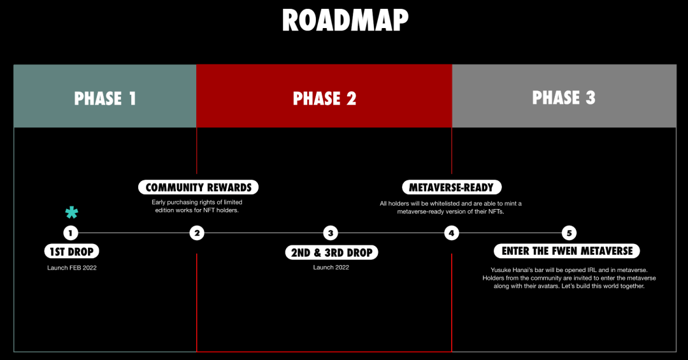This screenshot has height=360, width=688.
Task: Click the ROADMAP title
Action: click(345, 20)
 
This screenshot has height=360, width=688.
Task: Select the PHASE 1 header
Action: click(105, 98)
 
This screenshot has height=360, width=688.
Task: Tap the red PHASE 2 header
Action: click(324, 98)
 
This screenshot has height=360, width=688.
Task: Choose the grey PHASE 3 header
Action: click(564, 97)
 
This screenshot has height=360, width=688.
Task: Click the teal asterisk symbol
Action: click(71, 213)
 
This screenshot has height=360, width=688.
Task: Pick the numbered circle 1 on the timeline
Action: click(71, 233)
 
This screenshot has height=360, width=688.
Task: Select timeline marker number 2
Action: click(197, 233)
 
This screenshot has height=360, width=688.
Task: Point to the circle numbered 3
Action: click(330, 233)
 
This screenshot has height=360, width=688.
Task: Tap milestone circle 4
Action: click(452, 233)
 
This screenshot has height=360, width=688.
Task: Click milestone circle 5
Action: click(569, 233)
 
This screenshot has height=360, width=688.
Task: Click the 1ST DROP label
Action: click(71, 251)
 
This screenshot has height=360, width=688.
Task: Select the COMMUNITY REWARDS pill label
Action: click(198, 187)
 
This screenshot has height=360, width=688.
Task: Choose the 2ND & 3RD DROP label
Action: click(331, 252)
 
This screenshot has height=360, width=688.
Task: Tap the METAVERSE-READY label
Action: click(452, 187)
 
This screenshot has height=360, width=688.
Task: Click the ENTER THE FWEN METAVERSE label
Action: click(567, 251)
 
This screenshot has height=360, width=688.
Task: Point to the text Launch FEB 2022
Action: click(71, 268)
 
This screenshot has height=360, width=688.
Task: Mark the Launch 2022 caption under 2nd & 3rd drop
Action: click(331, 268)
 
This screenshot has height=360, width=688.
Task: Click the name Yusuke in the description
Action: click(502, 270)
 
